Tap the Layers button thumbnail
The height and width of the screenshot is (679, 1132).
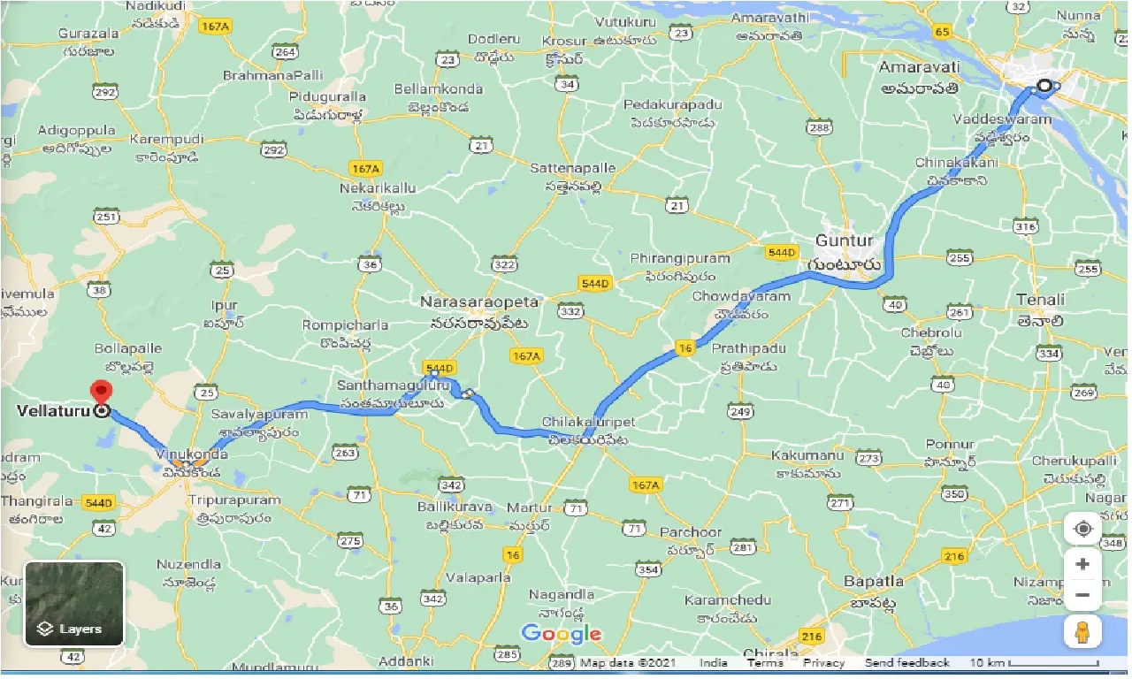[x=74, y=604]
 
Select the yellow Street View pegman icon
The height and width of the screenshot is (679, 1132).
[x=1082, y=632]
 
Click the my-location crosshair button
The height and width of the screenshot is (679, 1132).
[x=1082, y=529]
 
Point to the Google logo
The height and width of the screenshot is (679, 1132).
[x=561, y=634]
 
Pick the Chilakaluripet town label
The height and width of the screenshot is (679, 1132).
[x=590, y=423]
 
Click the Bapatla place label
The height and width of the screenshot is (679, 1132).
[x=874, y=581]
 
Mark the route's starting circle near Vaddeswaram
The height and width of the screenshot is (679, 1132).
[x=1044, y=86]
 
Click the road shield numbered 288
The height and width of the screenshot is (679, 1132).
[x=819, y=128]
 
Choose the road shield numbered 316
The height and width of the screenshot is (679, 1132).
[x=1025, y=227]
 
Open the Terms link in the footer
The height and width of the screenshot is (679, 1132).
[x=764, y=663]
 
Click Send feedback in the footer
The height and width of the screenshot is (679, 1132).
[x=906, y=663]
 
